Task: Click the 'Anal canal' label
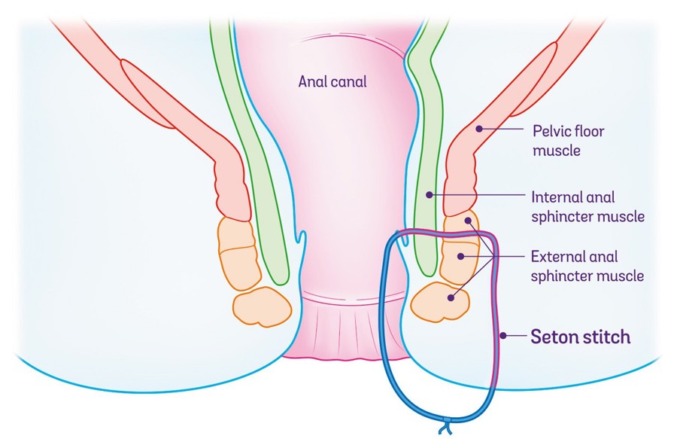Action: click(x=332, y=81)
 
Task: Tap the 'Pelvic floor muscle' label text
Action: click(x=568, y=141)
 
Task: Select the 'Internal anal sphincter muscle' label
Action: click(x=587, y=207)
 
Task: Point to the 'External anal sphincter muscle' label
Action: click(x=587, y=265)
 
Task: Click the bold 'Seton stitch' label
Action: click(x=581, y=337)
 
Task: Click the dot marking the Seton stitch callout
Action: click(x=503, y=336)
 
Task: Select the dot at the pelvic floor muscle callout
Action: click(x=478, y=129)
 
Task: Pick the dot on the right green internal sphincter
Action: click(x=430, y=195)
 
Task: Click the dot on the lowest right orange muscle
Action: click(x=451, y=297)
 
